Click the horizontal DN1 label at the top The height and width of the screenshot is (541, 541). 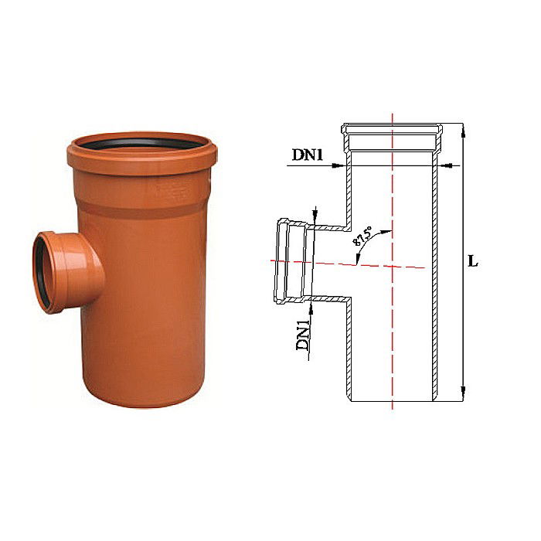point(307,155)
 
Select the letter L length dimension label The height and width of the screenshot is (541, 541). point(473,261)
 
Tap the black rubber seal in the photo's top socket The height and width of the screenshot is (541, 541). point(140,144)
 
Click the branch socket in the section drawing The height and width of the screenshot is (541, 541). point(291,261)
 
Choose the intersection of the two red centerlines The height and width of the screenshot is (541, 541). point(393,265)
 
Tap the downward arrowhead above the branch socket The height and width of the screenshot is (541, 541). point(315,218)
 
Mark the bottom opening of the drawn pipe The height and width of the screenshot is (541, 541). point(393,403)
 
